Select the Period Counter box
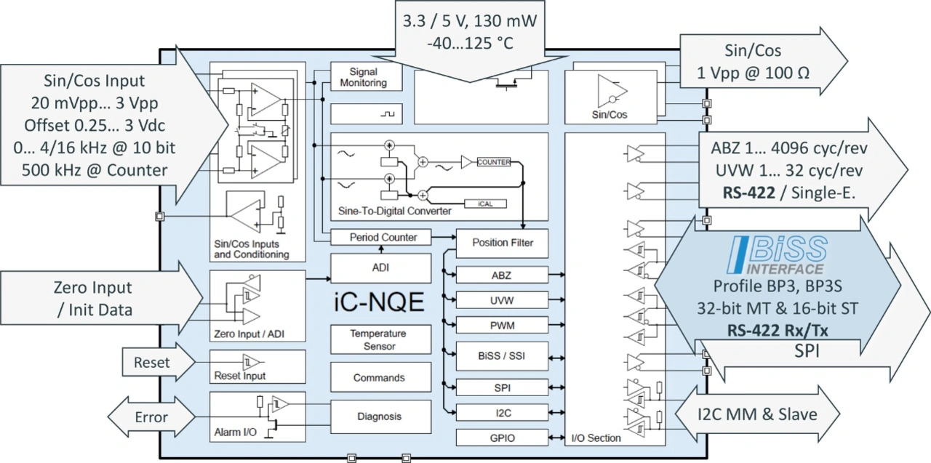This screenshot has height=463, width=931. coord(383,237)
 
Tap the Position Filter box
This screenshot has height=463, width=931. coord(502,243)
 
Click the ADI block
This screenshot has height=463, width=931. coord(380,267)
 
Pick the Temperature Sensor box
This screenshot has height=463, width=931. coord(379,339)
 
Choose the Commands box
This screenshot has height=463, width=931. coord(379,377)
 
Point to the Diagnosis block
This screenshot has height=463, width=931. coord(379,416)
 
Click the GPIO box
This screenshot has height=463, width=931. coord(502,438)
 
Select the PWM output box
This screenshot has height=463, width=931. coord(502,324)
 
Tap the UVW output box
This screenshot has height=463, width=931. coord(502,299)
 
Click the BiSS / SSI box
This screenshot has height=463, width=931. coord(502,355)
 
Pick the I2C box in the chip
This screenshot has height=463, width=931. coord(502,412)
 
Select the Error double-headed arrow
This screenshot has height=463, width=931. coord(151,417)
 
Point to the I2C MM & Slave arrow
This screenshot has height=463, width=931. coord(757,415)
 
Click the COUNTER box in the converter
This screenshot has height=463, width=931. coord(494,162)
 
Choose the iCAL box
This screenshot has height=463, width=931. coord(485,204)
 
